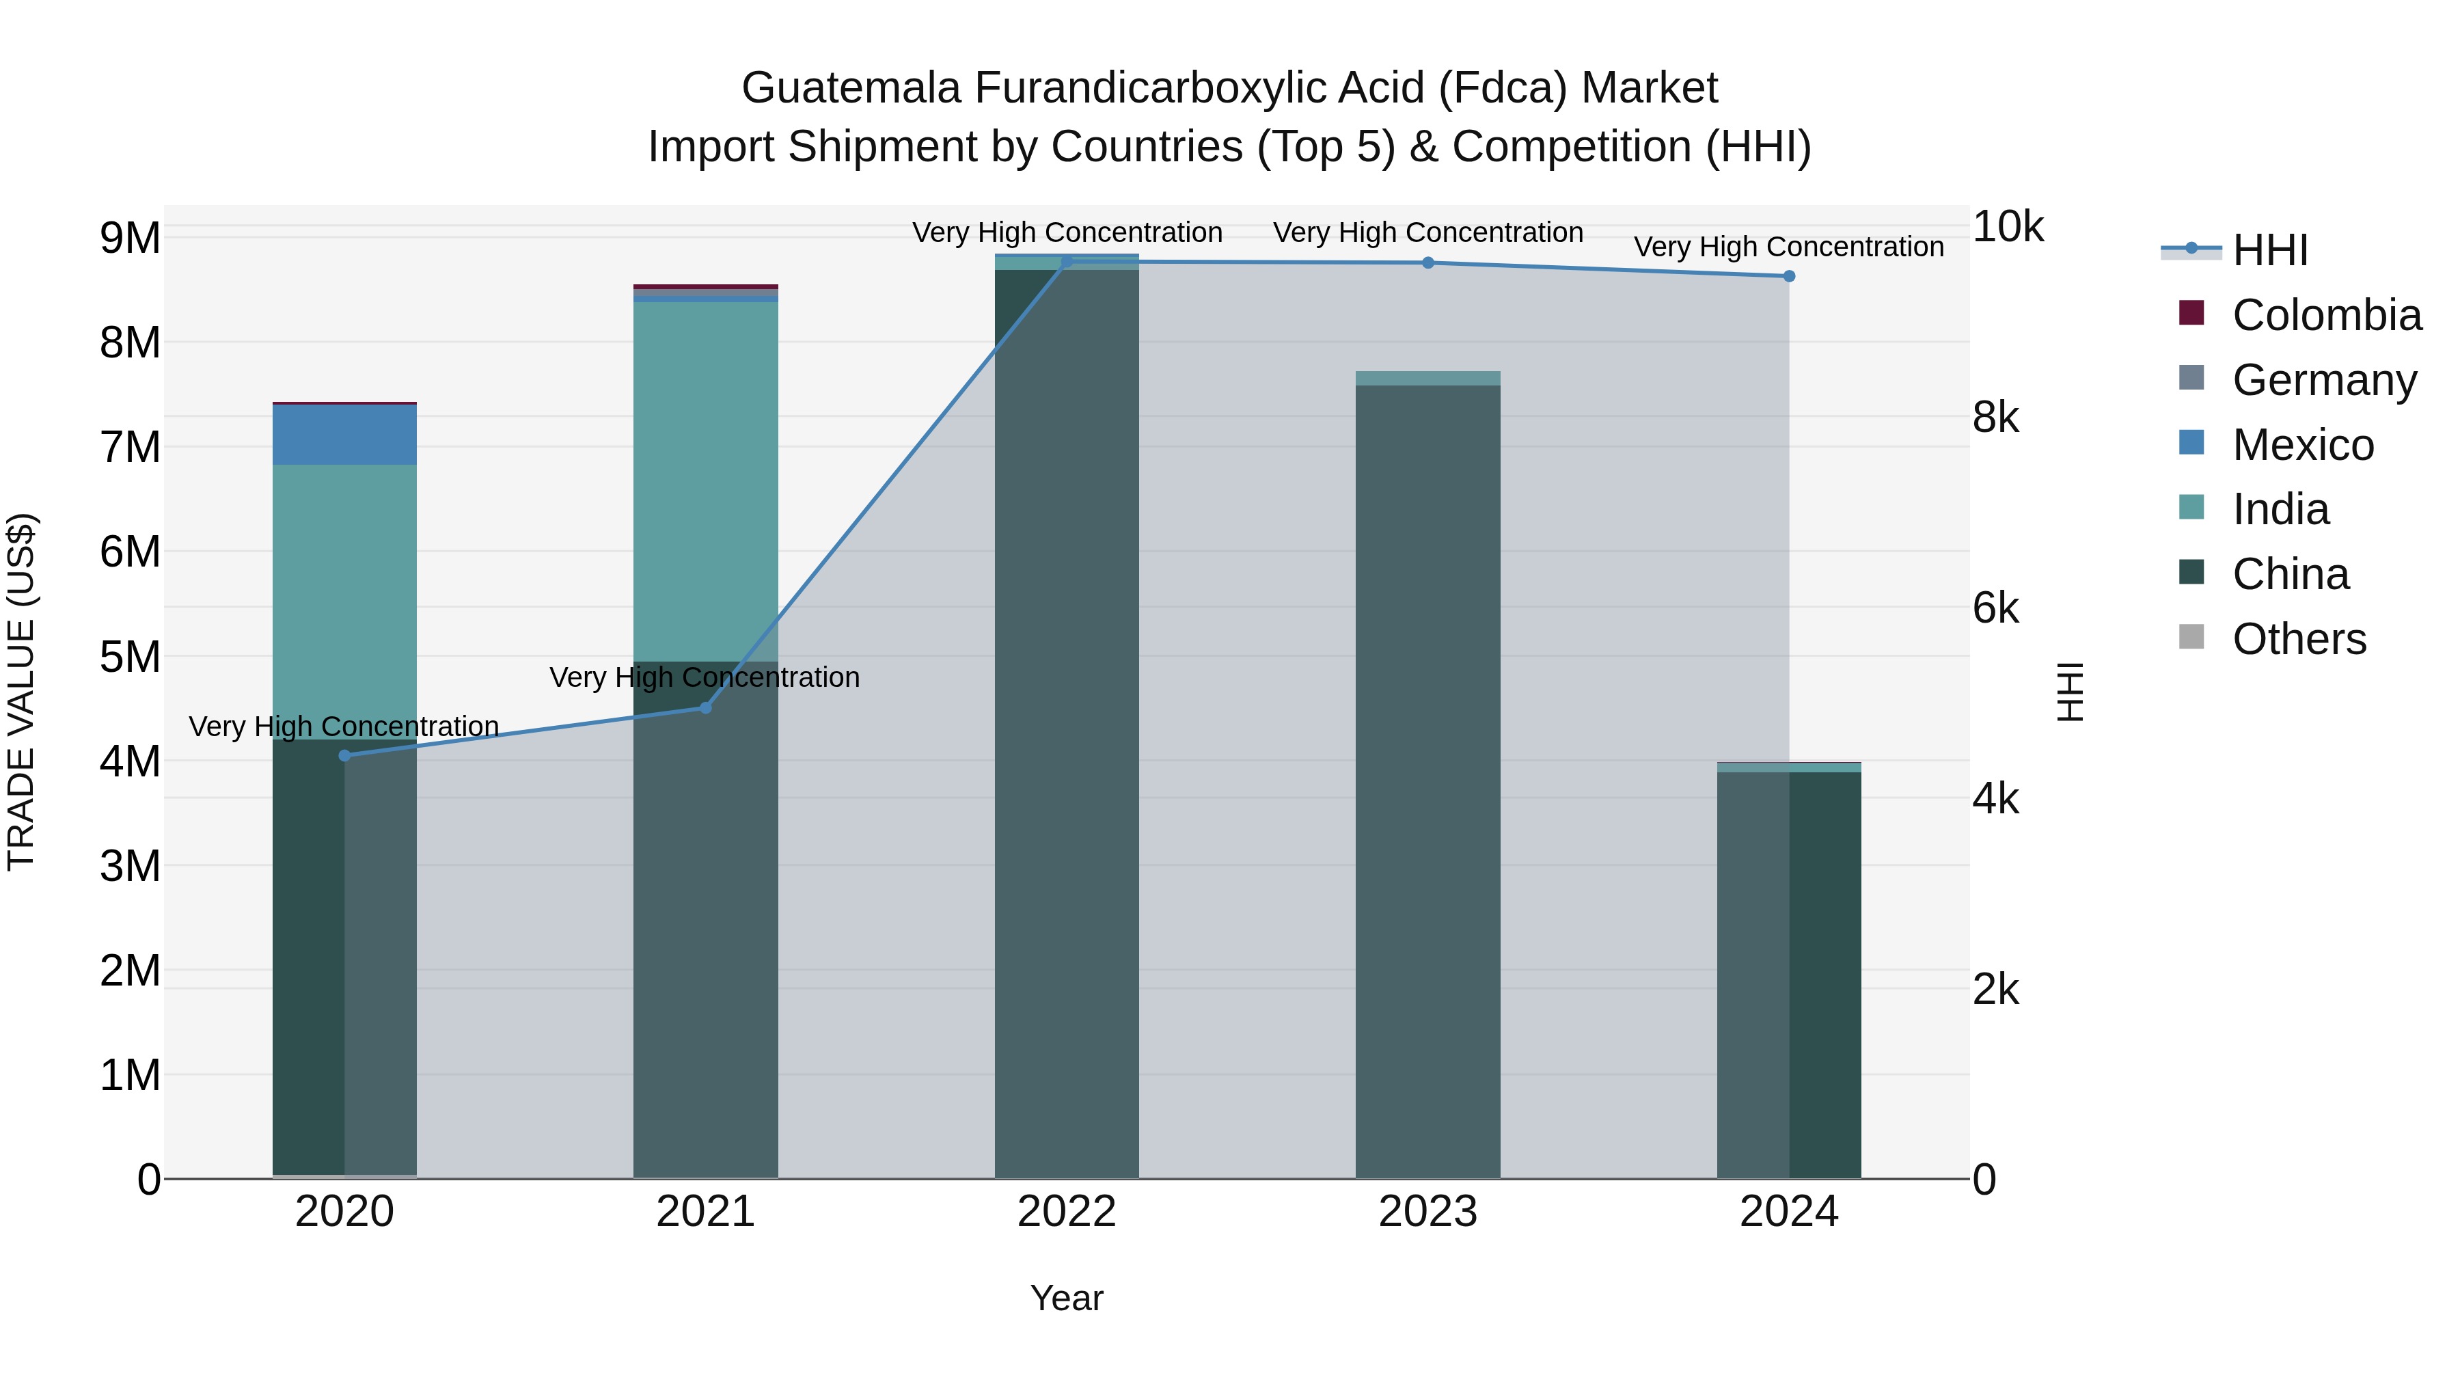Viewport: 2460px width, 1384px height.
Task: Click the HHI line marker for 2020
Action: [345, 755]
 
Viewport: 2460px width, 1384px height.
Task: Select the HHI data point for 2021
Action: [706, 708]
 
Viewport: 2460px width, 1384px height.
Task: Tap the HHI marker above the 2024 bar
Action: [1789, 276]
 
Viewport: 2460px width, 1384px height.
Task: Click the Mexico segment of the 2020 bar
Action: [345, 435]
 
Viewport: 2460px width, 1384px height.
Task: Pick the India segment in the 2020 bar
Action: [345, 601]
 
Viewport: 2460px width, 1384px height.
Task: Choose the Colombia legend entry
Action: [2326, 315]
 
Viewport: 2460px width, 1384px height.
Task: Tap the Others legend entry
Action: [2299, 639]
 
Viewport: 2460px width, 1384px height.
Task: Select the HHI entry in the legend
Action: [2270, 250]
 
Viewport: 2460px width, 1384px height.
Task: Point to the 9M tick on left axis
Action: [130, 238]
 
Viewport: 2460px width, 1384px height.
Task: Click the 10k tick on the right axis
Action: [2008, 228]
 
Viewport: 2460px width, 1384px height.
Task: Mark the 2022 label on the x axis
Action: [1067, 1212]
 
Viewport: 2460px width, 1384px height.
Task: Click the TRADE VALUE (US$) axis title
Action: [21, 692]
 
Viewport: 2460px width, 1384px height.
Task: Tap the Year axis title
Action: [1067, 1298]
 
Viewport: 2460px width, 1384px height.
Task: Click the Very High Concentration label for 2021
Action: [705, 677]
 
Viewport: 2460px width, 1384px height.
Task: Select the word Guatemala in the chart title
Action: [851, 88]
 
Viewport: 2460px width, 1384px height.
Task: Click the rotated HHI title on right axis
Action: [2069, 692]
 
